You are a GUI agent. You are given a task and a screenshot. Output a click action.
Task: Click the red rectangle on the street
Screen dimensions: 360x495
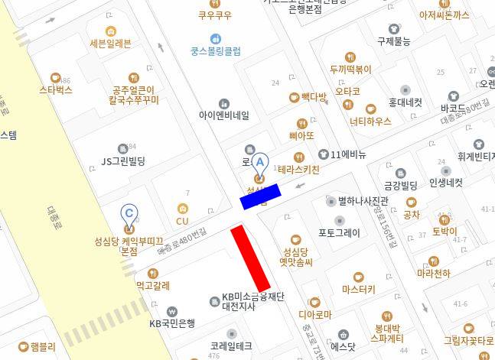251,258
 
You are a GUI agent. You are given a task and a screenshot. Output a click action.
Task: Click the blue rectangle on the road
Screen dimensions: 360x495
261,196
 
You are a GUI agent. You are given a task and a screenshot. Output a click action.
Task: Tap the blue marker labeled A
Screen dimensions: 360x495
260,162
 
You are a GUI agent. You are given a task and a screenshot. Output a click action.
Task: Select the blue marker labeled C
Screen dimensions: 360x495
129,213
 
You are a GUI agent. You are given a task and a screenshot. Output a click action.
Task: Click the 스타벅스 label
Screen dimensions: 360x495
56,89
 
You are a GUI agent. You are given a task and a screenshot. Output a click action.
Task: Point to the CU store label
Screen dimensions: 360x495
182,221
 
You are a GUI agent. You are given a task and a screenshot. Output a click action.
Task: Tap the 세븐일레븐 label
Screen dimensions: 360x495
110,43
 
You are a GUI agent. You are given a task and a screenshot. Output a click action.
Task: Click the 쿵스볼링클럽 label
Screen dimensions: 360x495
216,51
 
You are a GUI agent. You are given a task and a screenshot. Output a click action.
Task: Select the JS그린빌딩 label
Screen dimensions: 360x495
123,161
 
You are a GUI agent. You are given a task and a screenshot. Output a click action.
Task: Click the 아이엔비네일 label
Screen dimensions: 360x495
223,115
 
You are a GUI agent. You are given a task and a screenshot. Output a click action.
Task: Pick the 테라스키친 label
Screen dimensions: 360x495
298,170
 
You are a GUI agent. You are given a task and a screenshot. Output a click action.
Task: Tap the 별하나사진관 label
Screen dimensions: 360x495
363,201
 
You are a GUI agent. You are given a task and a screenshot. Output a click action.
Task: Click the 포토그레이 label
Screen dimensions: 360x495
339,233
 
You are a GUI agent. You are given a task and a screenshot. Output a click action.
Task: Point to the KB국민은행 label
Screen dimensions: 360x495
172,323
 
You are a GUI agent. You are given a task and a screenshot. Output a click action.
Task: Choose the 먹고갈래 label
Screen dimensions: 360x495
153,286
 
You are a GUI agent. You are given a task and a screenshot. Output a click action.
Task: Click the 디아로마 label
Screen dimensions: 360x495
314,314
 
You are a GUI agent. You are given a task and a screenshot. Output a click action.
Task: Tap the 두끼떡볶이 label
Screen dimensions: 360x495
350,69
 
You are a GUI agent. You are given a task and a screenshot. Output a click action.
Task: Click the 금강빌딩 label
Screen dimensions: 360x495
400,185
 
